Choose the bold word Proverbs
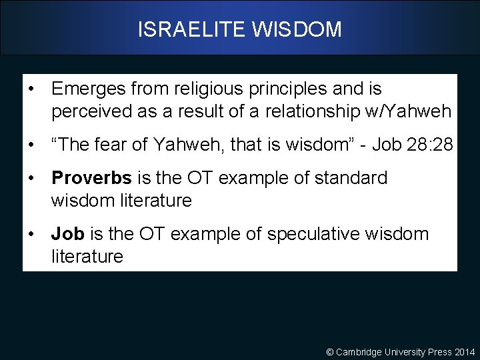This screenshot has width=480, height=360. tap(91, 179)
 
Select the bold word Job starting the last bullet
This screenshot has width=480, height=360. tap(67, 234)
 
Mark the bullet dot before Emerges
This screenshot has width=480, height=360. tap(31, 89)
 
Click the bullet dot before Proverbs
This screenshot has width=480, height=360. tap(31, 179)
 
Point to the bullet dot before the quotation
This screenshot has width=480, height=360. tap(31, 145)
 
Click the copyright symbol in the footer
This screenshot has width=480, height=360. tap(329, 352)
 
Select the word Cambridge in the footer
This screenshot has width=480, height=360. tap(359, 352)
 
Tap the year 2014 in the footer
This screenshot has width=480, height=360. tap(465, 352)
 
